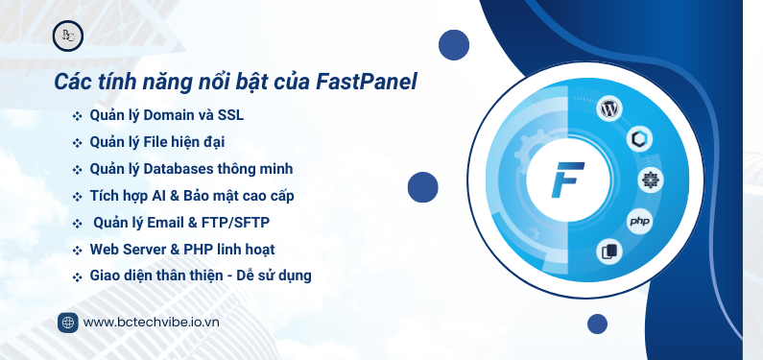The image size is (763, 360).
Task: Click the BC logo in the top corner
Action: point(68,36)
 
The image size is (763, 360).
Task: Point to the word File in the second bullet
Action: point(154,142)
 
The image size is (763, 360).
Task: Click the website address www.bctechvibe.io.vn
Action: point(152,323)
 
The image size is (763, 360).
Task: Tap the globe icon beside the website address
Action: point(67,323)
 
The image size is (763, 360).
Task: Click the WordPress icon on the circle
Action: point(608,108)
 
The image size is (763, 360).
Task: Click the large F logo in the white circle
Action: point(569,180)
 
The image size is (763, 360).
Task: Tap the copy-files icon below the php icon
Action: point(608,252)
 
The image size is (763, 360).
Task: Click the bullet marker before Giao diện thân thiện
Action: point(77,276)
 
